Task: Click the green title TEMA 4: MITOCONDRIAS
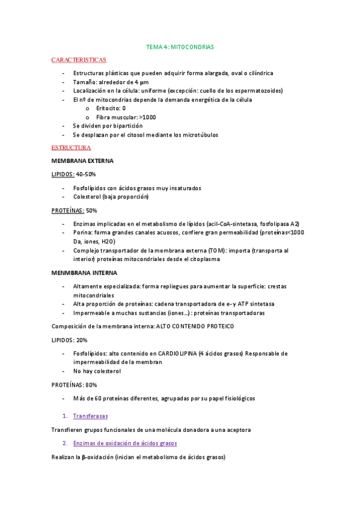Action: (180, 46)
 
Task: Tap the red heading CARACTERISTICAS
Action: (79, 60)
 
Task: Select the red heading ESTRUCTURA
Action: (71, 147)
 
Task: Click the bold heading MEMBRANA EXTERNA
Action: (83, 161)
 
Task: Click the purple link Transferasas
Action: (91, 416)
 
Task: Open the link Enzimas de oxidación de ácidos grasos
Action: (125, 443)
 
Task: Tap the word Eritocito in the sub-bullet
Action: (108, 108)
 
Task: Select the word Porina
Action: (82, 233)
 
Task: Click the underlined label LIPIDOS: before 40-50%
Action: (63, 174)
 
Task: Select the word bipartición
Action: (126, 126)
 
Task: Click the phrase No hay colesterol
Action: (97, 371)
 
